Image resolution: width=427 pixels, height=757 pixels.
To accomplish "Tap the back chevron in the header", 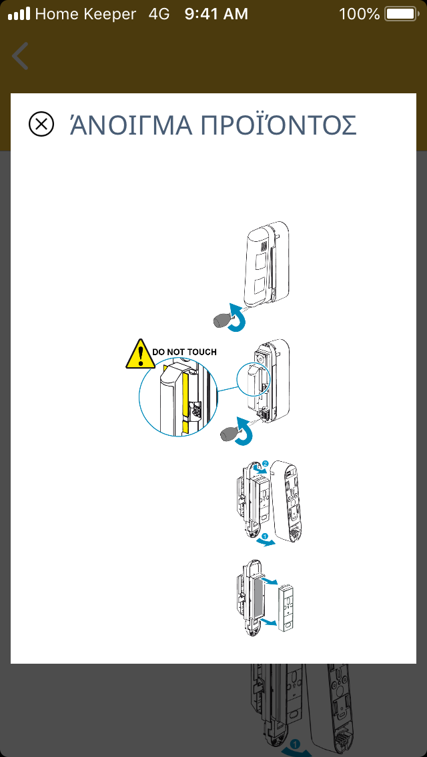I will coord(21,56).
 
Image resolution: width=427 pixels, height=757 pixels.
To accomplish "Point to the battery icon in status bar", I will coord(400,13).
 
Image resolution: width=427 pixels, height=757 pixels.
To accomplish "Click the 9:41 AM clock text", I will coord(216,13).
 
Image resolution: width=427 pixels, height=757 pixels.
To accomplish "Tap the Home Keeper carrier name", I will coord(85,13).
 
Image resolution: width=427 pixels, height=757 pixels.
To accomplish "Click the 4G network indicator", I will coord(160,13).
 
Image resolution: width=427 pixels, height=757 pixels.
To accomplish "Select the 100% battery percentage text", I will coord(359,13).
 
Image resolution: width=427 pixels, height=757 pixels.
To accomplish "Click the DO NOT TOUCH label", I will coord(184,351).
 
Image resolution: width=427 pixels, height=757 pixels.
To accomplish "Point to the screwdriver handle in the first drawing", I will coord(222,321).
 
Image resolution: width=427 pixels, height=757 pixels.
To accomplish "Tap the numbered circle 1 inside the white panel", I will coord(265,536).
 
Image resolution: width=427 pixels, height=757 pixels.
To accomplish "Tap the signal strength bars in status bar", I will coord(19,13).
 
